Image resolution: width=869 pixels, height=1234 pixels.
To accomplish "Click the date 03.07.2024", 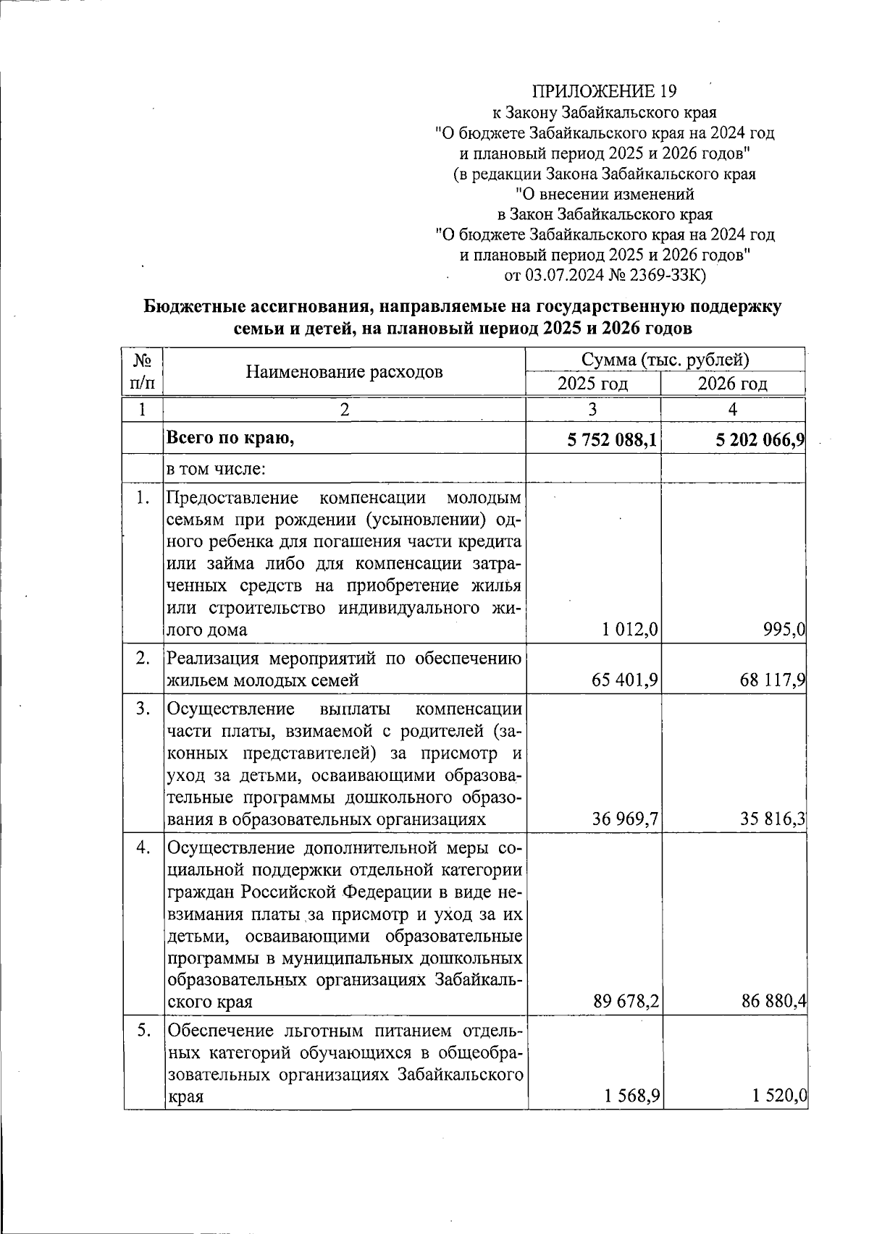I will (x=563, y=276).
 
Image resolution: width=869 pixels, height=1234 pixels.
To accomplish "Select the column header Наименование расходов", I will (x=344, y=372).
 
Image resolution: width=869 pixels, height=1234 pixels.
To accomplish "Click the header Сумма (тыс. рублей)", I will (x=665, y=360).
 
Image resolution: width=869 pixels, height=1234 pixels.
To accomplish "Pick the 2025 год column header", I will (x=592, y=384).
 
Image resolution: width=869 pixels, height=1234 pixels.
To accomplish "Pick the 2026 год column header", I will (x=732, y=384).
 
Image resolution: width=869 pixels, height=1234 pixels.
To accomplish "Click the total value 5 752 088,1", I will (x=613, y=439).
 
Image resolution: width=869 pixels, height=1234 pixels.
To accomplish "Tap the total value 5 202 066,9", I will (x=760, y=439).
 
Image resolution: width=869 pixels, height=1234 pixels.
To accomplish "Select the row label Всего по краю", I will (x=231, y=438).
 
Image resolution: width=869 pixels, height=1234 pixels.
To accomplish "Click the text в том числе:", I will (x=217, y=469).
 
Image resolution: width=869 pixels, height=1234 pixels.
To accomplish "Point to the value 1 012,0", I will (x=629, y=630).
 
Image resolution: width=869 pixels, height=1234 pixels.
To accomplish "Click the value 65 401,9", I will (x=625, y=680).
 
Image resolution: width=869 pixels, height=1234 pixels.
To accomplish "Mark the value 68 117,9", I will (x=773, y=680).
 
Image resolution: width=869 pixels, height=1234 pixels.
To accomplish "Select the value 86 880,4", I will (x=773, y=1002).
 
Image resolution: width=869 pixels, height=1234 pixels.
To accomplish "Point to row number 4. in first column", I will (x=143, y=848).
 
